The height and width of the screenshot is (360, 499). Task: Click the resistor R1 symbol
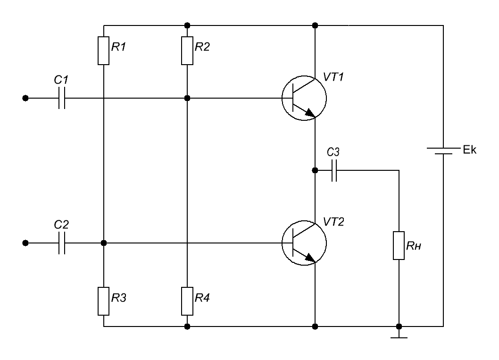pyautogui.click(x=103, y=51)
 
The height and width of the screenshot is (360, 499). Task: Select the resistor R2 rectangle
pyautogui.click(x=187, y=51)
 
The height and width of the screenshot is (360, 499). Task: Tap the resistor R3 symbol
pyautogui.click(x=103, y=301)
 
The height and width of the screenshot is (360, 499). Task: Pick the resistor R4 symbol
pyautogui.click(x=187, y=301)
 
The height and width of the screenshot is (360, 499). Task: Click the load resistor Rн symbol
pyautogui.click(x=399, y=245)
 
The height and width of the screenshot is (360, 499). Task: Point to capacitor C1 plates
pyautogui.click(x=61, y=98)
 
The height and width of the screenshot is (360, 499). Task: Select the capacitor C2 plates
pyautogui.click(x=61, y=243)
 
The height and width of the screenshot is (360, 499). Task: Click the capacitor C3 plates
pyautogui.click(x=335, y=170)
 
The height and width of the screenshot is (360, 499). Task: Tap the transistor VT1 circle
pyautogui.click(x=304, y=98)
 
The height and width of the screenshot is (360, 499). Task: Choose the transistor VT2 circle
pyautogui.click(x=304, y=243)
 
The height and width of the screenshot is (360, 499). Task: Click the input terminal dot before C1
pyautogui.click(x=25, y=98)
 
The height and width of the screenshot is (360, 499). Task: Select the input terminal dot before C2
pyautogui.click(x=25, y=243)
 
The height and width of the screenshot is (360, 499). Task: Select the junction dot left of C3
pyautogui.click(x=315, y=170)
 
